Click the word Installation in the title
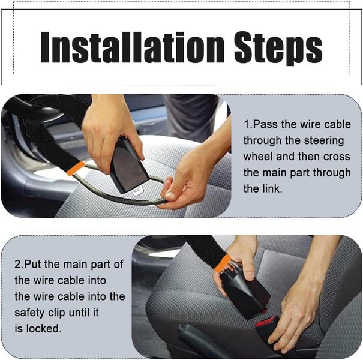pos(133,47)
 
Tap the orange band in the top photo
pos(76,169)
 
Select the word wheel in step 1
pos(257,157)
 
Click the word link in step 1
pos(271,188)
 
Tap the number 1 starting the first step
pos(247,125)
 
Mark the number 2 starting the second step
pos(17,265)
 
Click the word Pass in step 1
pos(265,125)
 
